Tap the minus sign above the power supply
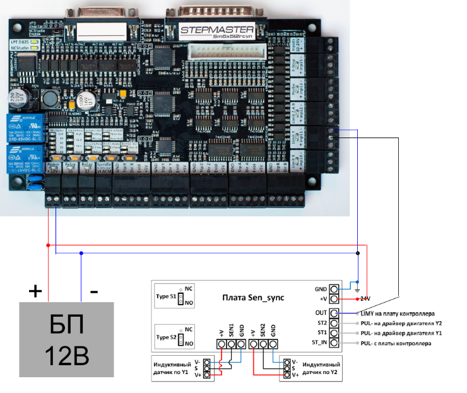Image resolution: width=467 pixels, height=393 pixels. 94,291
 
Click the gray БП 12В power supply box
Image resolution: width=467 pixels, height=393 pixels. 67,339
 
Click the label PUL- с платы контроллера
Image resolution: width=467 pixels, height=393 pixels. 396,344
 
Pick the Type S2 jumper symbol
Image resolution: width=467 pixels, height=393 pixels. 180,339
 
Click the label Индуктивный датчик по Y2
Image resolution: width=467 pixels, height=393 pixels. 321,368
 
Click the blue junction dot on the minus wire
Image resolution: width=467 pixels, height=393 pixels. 81,254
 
